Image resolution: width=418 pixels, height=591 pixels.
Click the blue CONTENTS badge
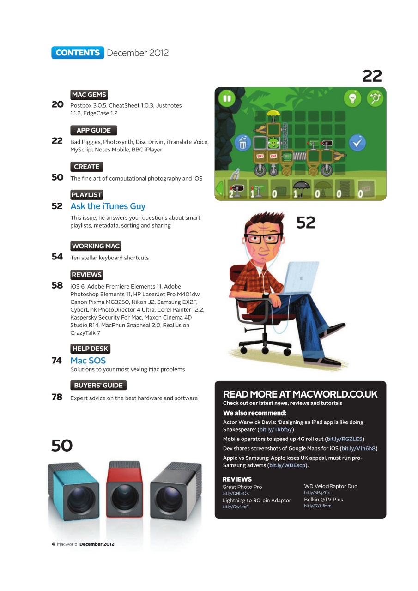(78, 53)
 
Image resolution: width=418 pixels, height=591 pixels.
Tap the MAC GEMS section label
(89, 95)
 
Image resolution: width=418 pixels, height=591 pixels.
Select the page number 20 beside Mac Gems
(57, 105)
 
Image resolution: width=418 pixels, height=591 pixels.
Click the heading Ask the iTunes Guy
(108, 206)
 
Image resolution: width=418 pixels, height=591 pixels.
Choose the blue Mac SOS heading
(88, 360)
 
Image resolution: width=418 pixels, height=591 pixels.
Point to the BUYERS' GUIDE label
(98, 385)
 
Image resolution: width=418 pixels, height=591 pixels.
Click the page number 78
(57, 397)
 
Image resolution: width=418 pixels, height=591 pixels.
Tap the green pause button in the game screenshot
(227, 98)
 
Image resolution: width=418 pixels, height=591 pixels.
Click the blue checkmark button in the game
(357, 143)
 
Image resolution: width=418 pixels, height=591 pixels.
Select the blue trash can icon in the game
(242, 143)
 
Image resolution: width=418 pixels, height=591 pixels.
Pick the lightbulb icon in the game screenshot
(352, 98)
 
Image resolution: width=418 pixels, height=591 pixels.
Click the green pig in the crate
(273, 143)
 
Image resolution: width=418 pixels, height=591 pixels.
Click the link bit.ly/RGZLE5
(345, 439)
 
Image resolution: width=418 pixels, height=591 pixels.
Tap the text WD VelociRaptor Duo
(331, 486)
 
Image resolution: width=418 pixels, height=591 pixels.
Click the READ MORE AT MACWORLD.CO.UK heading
(300, 394)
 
